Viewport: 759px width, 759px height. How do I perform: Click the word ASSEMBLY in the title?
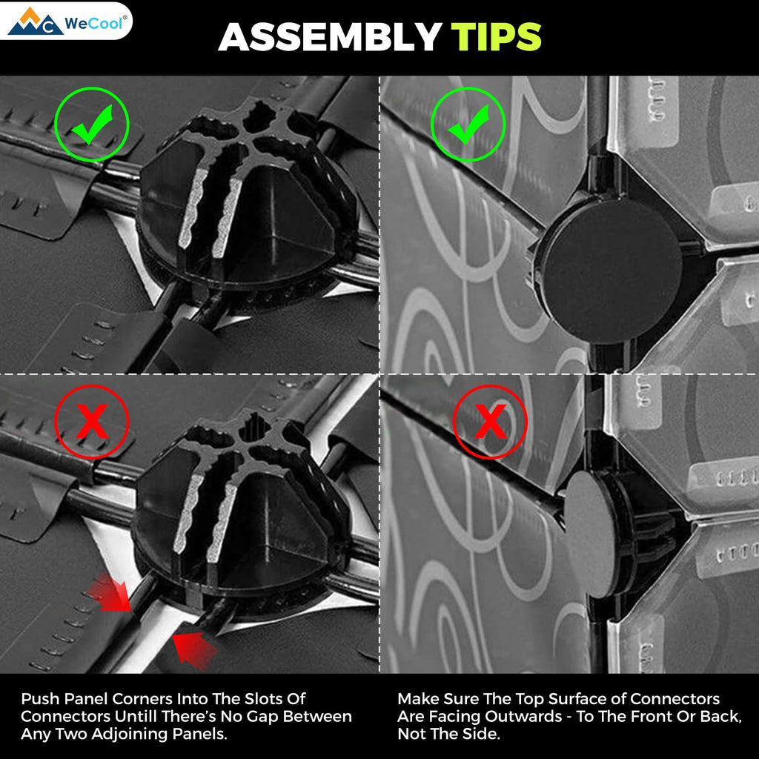330,37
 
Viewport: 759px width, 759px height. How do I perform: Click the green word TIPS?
496,37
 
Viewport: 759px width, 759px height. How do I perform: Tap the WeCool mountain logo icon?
35,21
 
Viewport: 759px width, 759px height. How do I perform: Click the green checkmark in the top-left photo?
92,125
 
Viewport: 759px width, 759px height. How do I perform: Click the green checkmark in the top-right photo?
468,125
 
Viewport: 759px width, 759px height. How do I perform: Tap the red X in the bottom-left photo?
91,422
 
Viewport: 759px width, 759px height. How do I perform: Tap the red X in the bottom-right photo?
490,422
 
